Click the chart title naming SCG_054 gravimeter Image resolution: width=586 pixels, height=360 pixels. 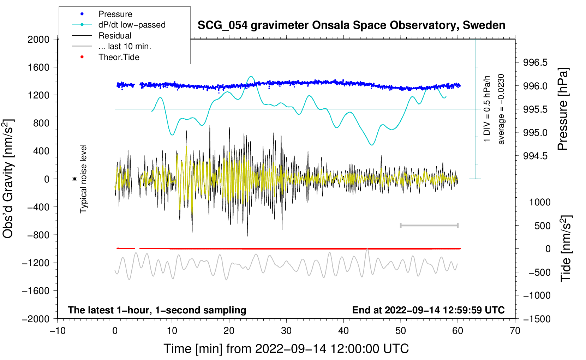pos(351,25)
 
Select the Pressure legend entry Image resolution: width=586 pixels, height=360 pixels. pos(115,14)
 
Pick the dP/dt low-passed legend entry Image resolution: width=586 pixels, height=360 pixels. pos(132,25)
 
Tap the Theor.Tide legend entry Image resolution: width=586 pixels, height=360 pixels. pos(119,57)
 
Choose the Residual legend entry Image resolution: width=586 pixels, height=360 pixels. pos(115,36)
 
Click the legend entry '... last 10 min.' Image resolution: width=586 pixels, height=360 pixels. pos(125,46)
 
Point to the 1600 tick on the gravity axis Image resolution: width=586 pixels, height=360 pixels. pos(38,67)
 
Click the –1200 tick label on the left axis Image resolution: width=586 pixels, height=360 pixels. pos(36,263)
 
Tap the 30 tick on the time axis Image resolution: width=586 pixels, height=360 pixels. pos(286,331)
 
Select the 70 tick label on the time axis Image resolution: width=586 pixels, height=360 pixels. pos(515,331)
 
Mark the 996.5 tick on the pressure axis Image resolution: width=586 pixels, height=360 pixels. pos(535,62)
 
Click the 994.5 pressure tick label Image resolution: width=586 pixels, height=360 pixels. pos(535,156)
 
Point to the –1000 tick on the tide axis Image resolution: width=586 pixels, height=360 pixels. pos(537,295)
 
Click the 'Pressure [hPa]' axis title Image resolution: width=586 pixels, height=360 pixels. pos(563,109)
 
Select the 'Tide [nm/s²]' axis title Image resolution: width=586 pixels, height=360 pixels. pos(566,248)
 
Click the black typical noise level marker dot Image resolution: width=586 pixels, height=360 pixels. pos(75,179)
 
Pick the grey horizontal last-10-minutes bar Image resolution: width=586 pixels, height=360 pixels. pos(429,225)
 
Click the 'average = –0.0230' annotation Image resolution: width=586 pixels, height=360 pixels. pos(501,109)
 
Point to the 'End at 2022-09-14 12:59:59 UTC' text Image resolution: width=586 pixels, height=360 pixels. pos(428,310)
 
